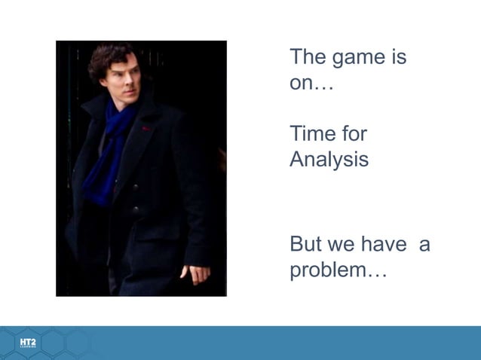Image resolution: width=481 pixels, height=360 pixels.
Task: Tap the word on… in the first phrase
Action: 311,83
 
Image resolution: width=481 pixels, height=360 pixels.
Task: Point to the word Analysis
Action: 329,160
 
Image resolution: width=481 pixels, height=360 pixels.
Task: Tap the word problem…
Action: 339,271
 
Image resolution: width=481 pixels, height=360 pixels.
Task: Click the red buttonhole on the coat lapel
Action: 146,129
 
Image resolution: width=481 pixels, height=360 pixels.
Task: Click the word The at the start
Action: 308,57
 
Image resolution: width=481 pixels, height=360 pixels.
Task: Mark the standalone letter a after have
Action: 424,246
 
